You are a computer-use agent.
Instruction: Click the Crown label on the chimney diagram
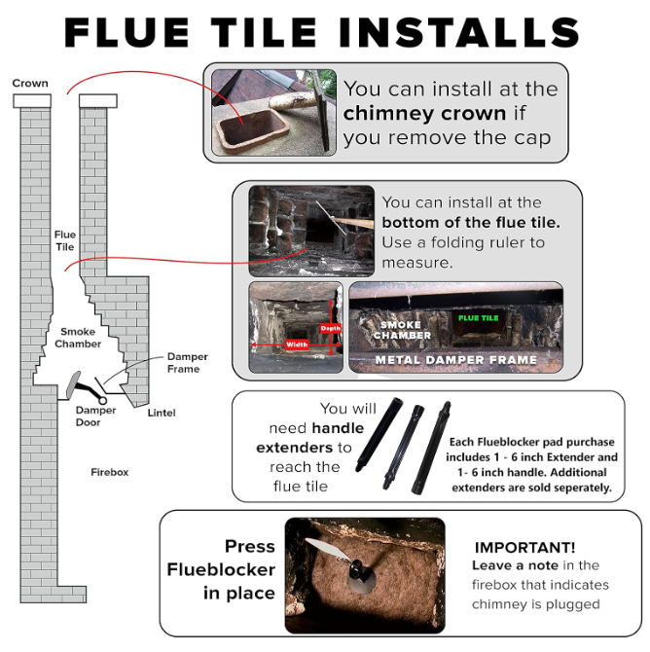29,84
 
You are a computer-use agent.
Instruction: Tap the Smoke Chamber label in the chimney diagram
78,338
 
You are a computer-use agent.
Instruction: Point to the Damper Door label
96,417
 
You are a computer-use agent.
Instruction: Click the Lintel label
162,413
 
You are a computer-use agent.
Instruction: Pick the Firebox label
109,472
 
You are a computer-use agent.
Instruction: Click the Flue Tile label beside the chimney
65,240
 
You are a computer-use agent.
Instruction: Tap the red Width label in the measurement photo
297,344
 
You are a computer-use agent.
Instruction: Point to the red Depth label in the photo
330,329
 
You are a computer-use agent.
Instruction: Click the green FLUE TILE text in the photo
479,317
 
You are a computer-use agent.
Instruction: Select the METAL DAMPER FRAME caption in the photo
456,360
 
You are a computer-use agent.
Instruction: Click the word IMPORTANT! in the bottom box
524,547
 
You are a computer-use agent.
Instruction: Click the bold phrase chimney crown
425,114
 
